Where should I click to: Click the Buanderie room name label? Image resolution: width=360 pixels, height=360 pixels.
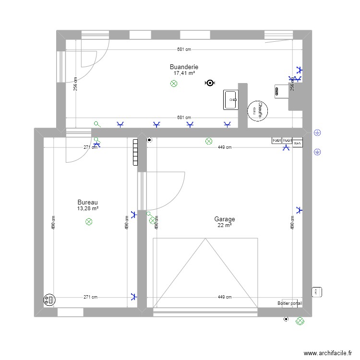click(x=184, y=67)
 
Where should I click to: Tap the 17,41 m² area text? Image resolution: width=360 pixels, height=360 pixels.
click(x=184, y=73)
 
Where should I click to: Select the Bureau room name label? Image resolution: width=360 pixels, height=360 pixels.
click(x=88, y=203)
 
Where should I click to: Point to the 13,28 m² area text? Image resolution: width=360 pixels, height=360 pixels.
click(x=88, y=209)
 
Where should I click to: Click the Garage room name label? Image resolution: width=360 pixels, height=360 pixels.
click(x=225, y=219)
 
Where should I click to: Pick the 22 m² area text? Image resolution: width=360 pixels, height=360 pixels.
click(x=225, y=226)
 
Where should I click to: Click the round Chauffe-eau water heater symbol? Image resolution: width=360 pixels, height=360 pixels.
click(x=258, y=110)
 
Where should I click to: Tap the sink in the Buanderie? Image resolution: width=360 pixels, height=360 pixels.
click(x=231, y=100)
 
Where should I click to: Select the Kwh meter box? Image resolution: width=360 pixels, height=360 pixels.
click(x=298, y=143)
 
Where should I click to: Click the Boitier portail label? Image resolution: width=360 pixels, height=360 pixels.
click(x=290, y=303)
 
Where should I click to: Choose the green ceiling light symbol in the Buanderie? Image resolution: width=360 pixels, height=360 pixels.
click(x=174, y=84)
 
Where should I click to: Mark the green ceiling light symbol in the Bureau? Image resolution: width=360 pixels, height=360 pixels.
click(x=89, y=222)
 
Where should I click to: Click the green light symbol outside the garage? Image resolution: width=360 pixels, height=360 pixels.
click(x=300, y=321)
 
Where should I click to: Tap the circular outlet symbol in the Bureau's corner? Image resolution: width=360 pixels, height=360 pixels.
click(x=49, y=300)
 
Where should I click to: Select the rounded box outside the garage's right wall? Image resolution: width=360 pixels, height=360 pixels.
click(x=317, y=291)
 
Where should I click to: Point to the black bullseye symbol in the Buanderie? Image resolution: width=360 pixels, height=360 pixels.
click(x=209, y=83)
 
